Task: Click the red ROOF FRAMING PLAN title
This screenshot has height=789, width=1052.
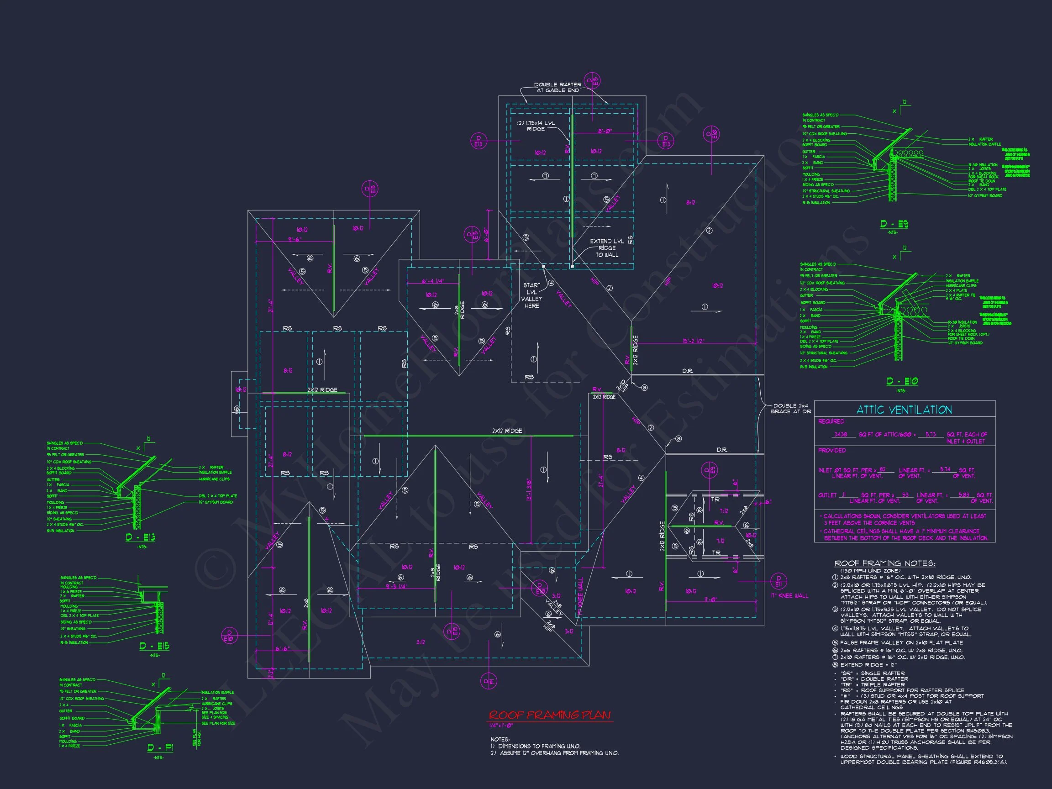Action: click(550, 715)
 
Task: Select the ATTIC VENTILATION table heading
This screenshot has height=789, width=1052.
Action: click(904, 410)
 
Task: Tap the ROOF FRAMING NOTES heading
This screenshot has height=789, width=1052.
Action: click(884, 563)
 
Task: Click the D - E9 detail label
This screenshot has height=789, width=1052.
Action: click(894, 224)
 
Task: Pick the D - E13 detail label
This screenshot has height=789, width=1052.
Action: click(140, 537)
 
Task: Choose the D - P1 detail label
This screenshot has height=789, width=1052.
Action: click(160, 747)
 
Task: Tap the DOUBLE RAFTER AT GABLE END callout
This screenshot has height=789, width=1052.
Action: click(558, 87)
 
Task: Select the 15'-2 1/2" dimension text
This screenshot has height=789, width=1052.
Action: click(693, 341)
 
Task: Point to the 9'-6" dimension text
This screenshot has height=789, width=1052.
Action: click(295, 239)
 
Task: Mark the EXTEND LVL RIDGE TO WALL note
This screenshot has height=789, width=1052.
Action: click(606, 248)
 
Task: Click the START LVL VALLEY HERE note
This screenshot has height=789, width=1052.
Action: click(531, 295)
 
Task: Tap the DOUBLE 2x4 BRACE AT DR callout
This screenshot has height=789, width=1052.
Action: click(790, 408)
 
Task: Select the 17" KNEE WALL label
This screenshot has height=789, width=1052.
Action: click(789, 595)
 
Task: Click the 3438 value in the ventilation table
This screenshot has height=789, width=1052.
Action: click(840, 434)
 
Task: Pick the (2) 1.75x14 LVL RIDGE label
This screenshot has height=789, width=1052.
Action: click(536, 126)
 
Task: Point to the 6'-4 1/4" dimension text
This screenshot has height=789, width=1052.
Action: click(433, 281)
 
